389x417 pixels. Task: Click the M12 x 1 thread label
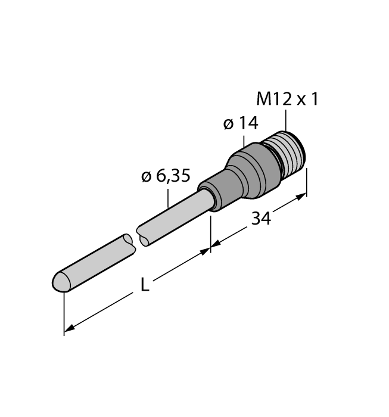click(x=287, y=99)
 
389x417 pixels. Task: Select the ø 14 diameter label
click(x=240, y=123)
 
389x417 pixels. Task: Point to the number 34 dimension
click(x=260, y=219)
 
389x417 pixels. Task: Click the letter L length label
click(x=144, y=285)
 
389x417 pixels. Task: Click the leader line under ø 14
click(x=244, y=140)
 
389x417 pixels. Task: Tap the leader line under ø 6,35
click(x=169, y=197)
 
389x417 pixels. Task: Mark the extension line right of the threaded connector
click(x=307, y=182)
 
